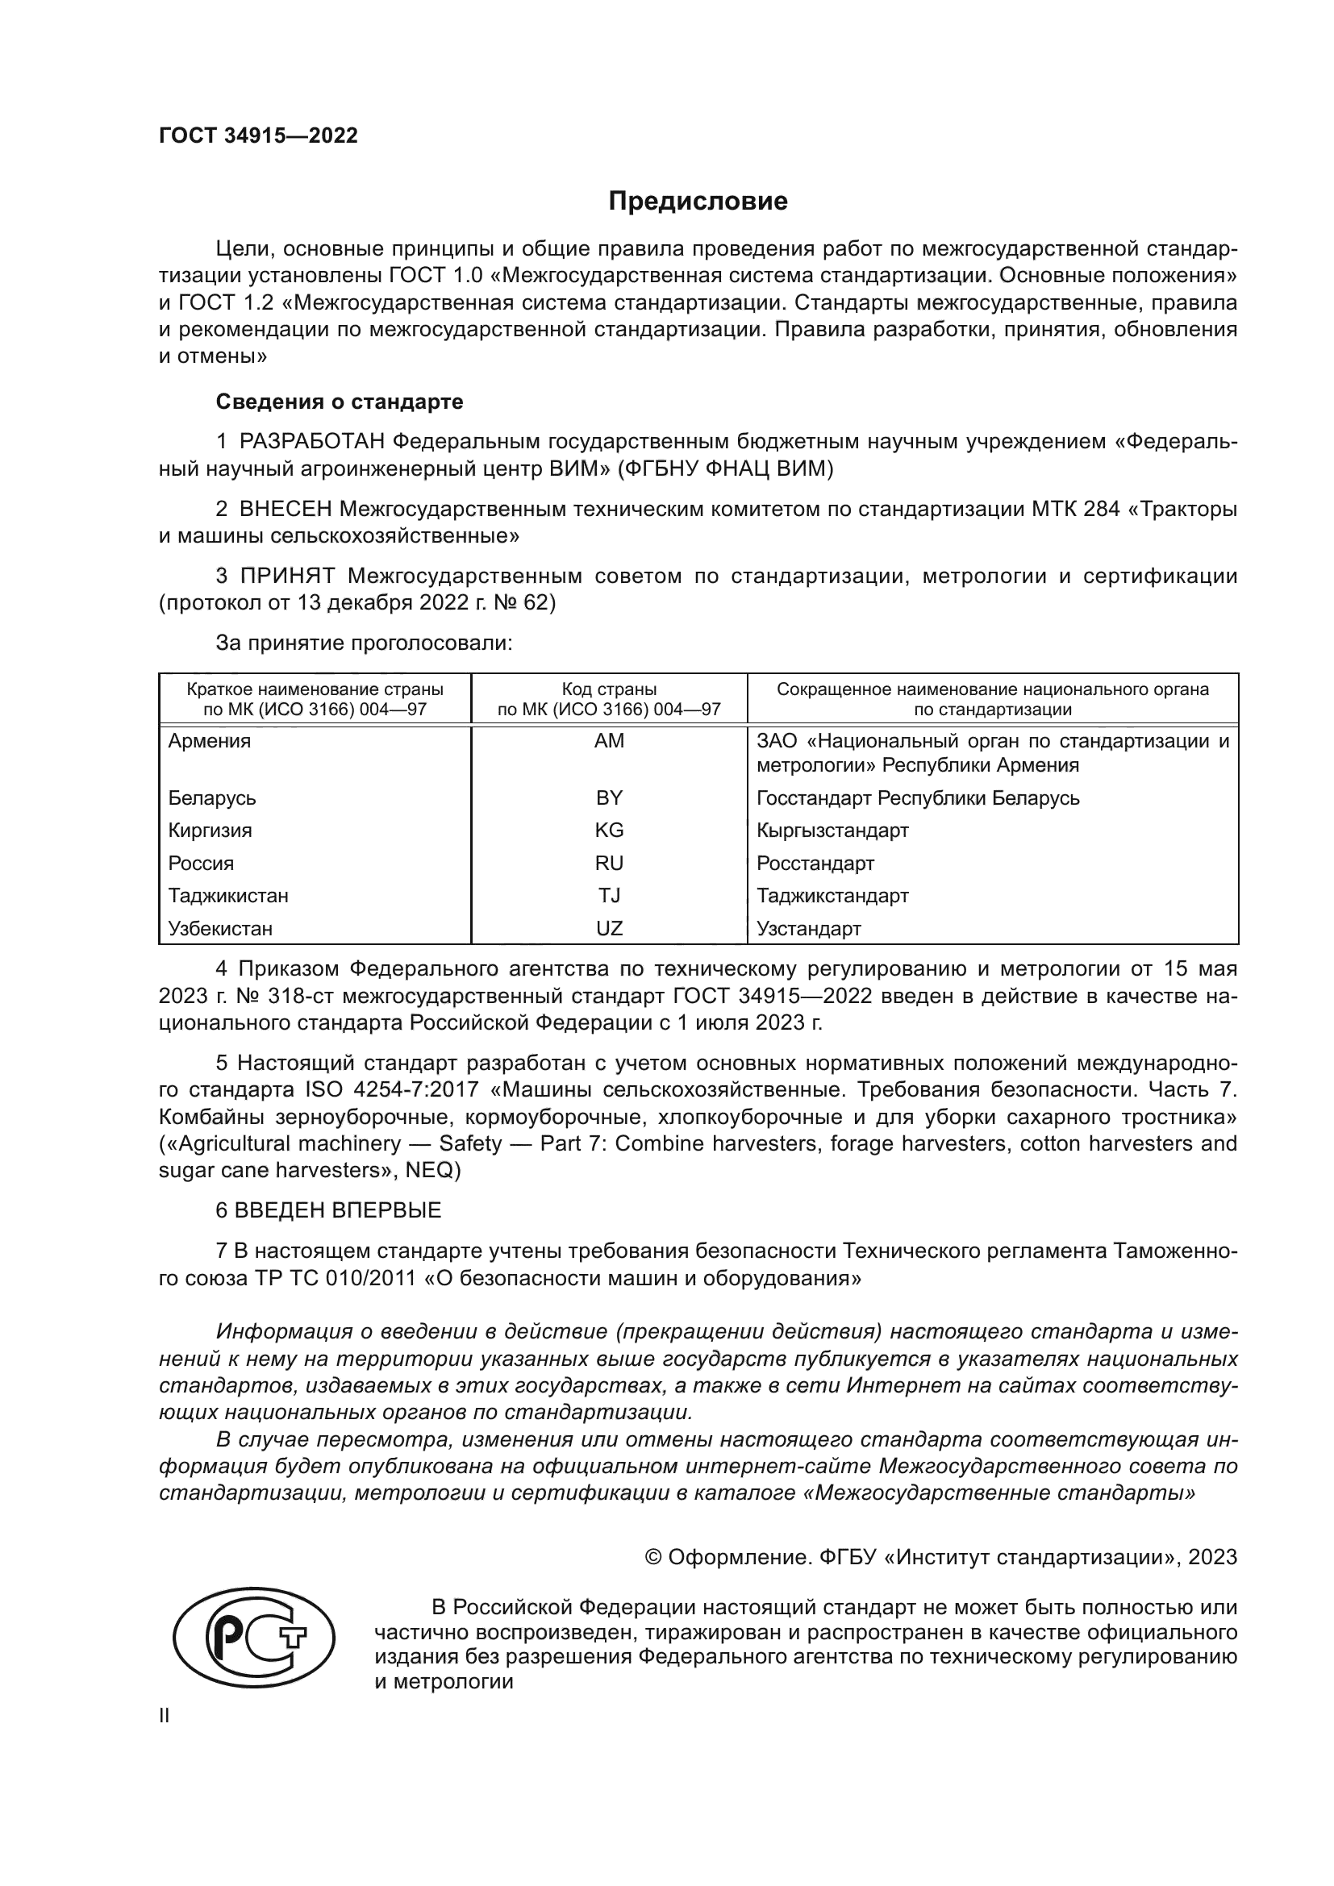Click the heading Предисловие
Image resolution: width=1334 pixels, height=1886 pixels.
698,202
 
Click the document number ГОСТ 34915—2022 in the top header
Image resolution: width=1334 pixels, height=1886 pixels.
258,136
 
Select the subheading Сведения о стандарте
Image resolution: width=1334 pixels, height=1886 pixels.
340,402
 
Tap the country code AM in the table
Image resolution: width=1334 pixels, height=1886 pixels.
609,741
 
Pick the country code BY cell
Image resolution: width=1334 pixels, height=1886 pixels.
609,797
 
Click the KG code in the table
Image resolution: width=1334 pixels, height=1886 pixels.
609,831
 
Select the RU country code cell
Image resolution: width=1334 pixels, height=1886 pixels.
609,864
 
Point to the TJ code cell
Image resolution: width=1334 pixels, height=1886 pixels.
609,895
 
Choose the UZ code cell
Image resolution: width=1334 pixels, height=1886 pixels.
609,929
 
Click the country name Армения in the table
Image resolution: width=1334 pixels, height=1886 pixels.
210,741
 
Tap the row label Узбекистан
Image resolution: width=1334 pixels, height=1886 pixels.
220,929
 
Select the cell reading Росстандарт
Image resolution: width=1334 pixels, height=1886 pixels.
815,864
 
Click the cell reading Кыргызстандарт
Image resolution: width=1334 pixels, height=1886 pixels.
832,831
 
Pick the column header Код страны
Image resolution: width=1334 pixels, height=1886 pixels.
609,689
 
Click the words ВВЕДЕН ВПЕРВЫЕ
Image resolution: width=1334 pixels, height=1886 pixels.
338,1210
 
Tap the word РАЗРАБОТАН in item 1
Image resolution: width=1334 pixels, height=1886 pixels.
312,442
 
